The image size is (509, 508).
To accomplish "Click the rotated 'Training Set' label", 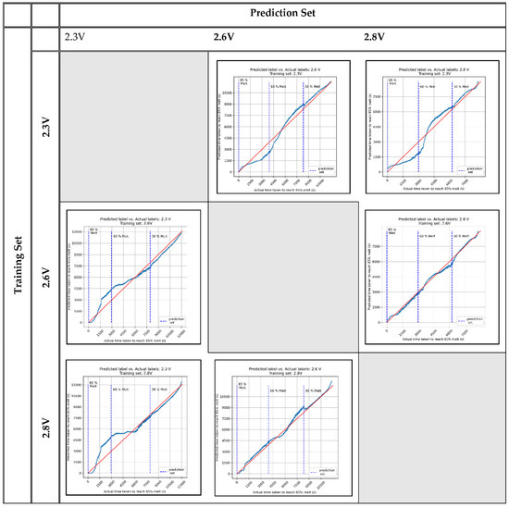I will point(15,269).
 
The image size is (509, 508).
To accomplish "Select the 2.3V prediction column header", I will point(76,37).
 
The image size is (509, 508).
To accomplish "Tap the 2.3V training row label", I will point(45,127).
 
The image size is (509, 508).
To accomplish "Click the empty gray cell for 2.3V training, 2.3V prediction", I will point(134,127).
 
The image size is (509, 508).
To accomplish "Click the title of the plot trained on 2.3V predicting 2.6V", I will point(284,70).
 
